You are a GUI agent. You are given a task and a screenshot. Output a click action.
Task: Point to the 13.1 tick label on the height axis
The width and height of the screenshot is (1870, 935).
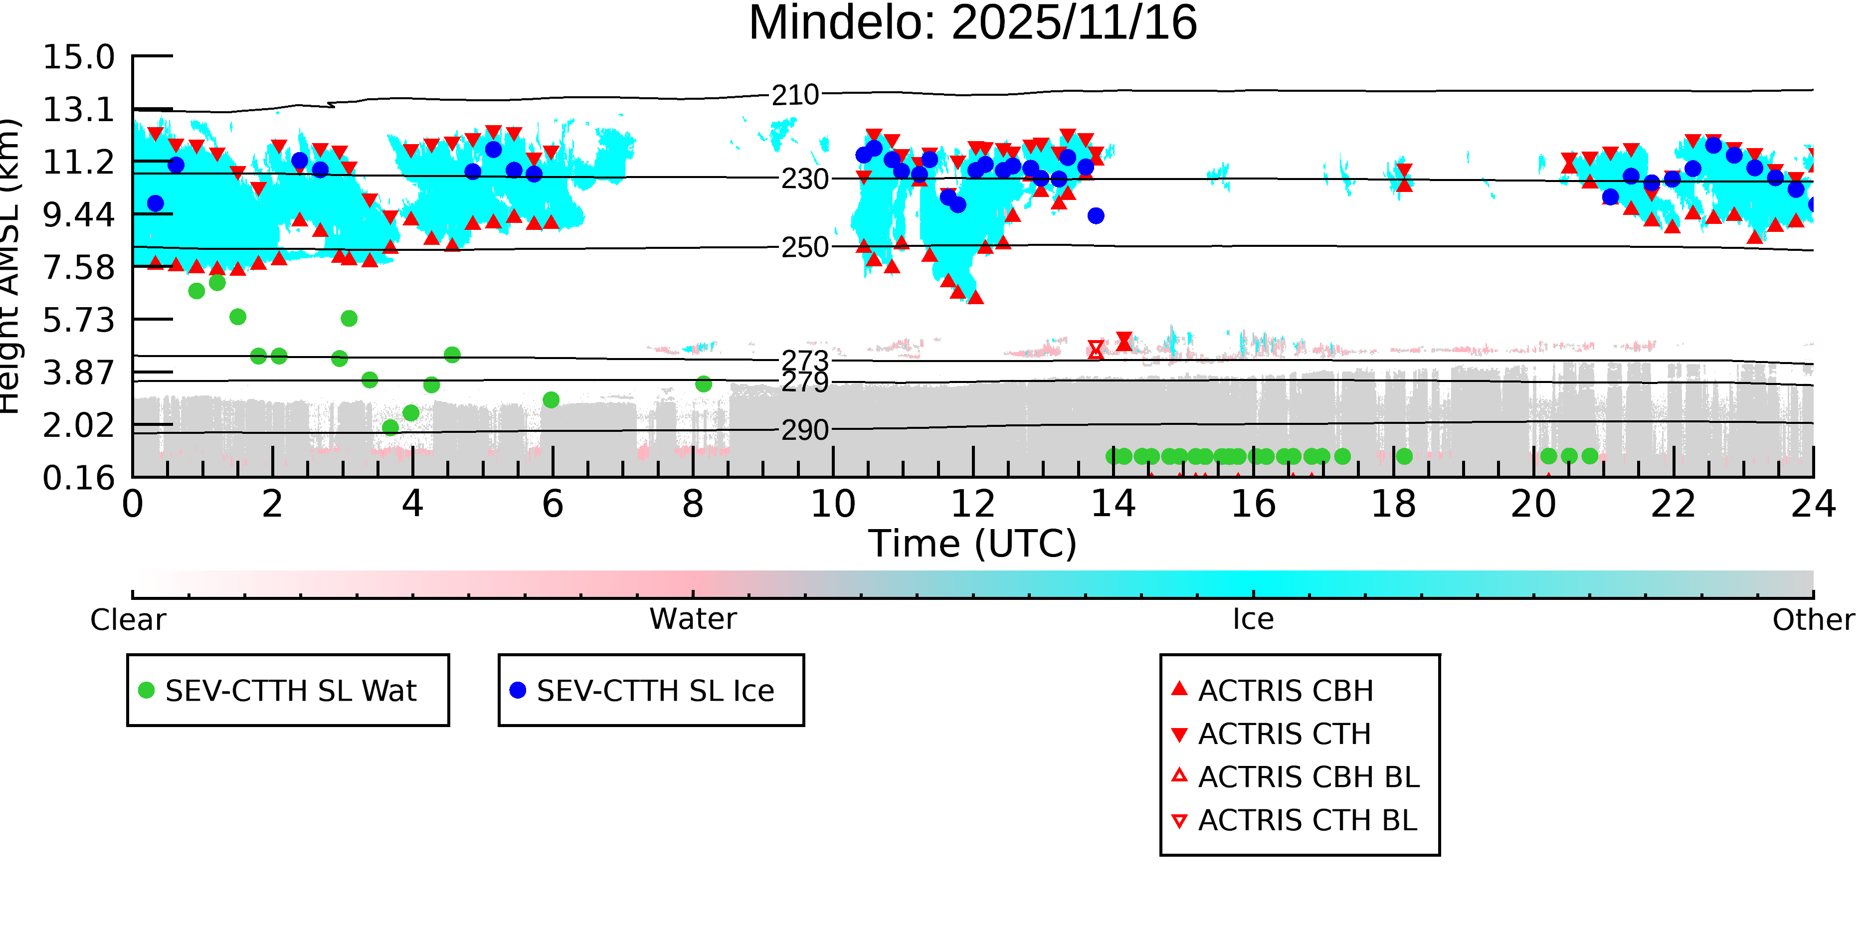click(78, 110)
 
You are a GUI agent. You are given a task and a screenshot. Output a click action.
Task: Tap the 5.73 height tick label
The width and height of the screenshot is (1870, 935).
click(78, 320)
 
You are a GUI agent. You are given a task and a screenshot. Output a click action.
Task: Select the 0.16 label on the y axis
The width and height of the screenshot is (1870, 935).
click(78, 478)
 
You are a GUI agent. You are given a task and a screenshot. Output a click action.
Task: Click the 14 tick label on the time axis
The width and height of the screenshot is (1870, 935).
click(1113, 504)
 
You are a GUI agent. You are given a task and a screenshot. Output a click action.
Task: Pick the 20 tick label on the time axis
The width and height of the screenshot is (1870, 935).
click(1533, 504)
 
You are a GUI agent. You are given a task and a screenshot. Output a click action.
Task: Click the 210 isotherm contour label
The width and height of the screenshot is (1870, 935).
click(795, 95)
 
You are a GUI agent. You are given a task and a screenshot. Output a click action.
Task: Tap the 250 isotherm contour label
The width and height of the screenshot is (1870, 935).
click(804, 247)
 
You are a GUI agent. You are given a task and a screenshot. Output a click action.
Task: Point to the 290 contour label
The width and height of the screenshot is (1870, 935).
click(804, 430)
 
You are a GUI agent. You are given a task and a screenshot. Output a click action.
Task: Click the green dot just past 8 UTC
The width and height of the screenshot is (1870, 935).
click(703, 384)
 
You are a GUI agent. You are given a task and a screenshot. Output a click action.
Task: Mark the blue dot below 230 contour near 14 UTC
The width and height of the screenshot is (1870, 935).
click(1096, 215)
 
